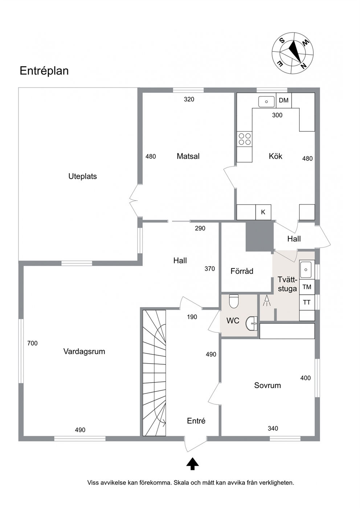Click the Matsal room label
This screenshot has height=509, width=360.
coord(188,156)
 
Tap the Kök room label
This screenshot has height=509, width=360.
coord(275,156)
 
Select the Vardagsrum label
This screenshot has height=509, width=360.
coord(84,352)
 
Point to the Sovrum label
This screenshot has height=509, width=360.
coord(267,385)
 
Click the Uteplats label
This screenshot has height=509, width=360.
coord(82,176)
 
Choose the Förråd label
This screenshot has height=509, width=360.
coord(242,271)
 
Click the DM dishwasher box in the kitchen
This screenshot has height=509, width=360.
coord(284,100)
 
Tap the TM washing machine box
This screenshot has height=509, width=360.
coord(307,287)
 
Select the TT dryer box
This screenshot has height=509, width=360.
coord(307,303)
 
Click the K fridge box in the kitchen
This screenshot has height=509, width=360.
coord(263,212)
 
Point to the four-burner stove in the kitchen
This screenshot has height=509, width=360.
coord(245,139)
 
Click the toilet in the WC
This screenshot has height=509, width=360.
coord(234,301)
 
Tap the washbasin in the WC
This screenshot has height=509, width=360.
coord(251,323)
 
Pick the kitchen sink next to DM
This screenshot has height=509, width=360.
coord(266,102)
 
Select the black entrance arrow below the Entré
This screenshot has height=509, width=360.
coord(192,464)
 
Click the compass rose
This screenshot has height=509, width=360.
coord(293,53)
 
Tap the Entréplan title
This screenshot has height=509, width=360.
coord(44,71)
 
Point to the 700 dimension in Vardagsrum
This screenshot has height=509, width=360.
coord(32,343)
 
